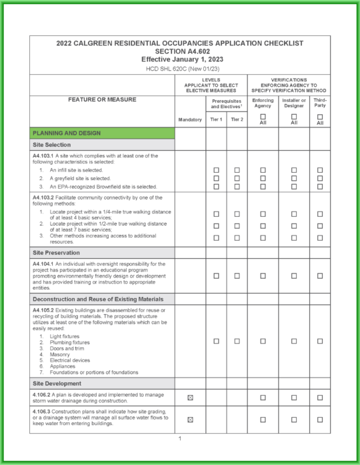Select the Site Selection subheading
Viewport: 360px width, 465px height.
(53, 145)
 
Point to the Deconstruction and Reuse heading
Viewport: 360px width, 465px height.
(97, 299)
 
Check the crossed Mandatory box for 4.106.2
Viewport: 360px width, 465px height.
(190, 398)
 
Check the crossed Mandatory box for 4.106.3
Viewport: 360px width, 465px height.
(190, 420)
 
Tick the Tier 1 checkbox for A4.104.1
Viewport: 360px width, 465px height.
(216, 276)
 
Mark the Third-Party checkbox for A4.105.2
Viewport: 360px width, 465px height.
(320, 341)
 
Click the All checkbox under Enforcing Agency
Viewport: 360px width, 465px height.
(263, 117)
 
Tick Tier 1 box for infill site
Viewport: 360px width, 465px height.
(216, 171)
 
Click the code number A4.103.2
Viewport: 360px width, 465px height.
(45, 197)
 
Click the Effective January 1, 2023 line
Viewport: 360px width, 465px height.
(180, 59)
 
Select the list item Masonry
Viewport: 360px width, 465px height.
(60, 354)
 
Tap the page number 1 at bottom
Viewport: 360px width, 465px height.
(180, 438)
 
